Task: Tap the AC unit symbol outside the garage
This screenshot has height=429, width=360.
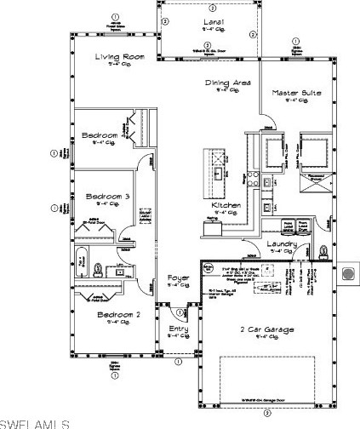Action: coord(346,275)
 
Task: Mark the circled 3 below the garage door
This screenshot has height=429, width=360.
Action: coord(266,413)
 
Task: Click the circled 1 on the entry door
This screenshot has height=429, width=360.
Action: coord(168,314)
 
